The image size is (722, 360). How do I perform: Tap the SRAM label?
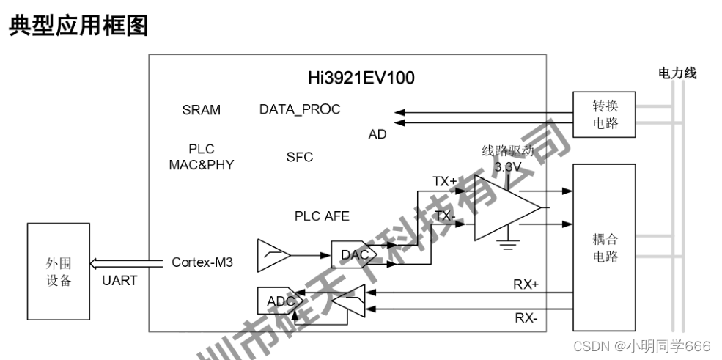point(201,110)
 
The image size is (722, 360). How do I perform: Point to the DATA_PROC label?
point(300,109)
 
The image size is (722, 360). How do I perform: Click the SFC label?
point(299,157)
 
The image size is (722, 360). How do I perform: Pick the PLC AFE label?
point(322,216)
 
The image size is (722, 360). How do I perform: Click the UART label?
point(119,281)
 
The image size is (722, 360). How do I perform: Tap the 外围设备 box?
point(59,271)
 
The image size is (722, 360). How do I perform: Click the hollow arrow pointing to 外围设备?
point(125,262)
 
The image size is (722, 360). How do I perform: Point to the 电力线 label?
point(677,73)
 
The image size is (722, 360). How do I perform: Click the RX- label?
point(526,317)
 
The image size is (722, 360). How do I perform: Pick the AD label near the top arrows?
point(377,134)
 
